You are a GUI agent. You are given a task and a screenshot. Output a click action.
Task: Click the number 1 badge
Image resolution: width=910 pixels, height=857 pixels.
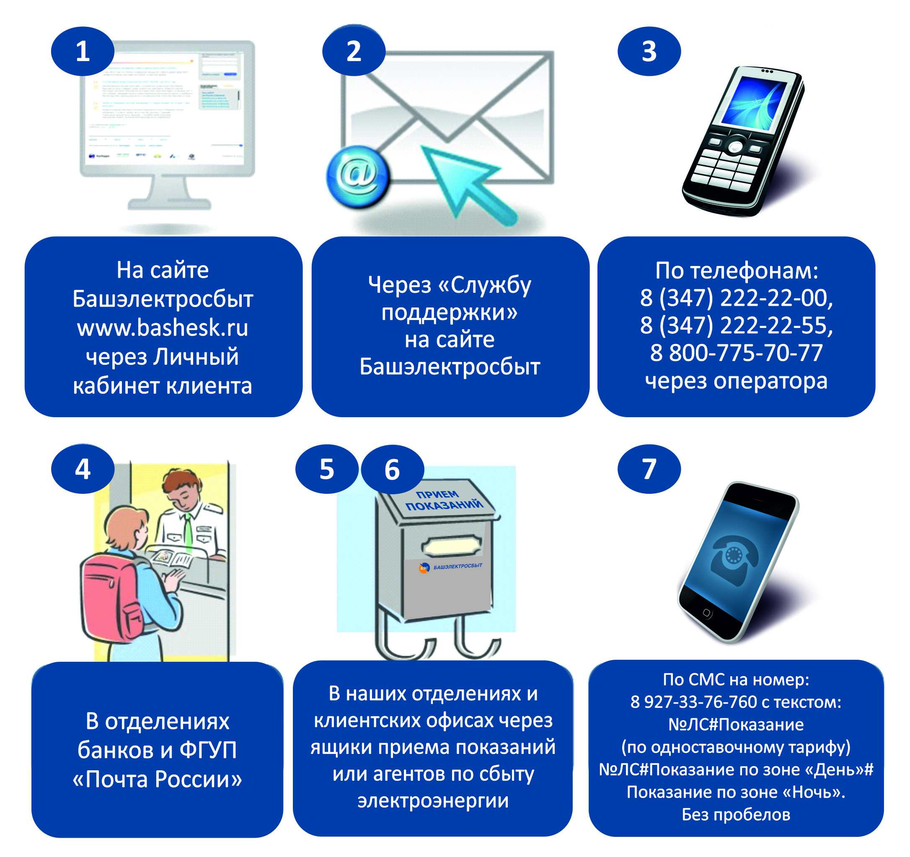tap(83, 51)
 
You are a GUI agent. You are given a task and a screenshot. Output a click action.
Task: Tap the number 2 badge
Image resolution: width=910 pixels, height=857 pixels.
tap(353, 51)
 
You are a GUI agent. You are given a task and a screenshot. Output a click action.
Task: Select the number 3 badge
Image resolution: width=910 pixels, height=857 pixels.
tap(649, 51)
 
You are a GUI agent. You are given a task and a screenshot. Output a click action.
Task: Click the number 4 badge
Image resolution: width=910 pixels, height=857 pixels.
tap(83, 469)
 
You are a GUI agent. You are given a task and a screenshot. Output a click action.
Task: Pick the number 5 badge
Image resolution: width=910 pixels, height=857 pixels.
tap(326, 469)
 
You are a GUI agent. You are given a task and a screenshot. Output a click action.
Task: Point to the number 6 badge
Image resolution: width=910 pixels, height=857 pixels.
tap(392, 469)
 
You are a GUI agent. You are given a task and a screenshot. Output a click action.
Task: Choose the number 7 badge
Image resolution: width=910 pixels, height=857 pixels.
tap(649, 469)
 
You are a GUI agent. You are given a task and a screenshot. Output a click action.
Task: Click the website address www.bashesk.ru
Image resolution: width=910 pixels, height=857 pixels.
tap(163, 328)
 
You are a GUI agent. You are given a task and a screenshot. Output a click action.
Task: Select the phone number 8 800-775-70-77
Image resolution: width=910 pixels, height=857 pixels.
tap(736, 353)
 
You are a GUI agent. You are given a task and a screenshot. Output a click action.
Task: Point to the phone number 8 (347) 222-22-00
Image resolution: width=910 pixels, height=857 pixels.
tap(736, 298)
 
